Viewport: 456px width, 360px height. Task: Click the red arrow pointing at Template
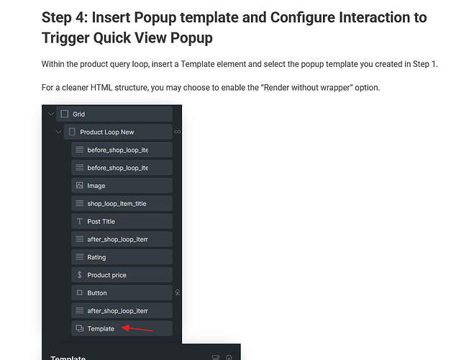pos(137,329)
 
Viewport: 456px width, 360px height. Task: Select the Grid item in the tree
pos(114,114)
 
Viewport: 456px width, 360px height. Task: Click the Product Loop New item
pos(118,132)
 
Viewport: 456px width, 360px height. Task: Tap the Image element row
pos(122,186)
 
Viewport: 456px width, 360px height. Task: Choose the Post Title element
pos(122,222)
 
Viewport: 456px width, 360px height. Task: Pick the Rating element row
pos(122,257)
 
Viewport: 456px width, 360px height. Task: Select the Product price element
pos(122,275)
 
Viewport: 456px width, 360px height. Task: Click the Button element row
pos(122,293)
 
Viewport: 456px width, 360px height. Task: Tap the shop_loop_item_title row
pos(122,204)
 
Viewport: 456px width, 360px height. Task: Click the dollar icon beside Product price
pos(79,275)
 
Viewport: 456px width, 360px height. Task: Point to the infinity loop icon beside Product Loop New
pos(178,132)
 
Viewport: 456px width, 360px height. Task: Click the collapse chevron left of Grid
pos(51,114)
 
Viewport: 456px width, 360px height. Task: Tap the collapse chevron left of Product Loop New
pos(58,132)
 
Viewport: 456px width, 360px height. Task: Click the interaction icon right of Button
pos(178,293)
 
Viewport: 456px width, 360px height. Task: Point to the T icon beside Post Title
pos(79,222)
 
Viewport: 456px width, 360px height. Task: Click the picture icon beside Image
pos(79,185)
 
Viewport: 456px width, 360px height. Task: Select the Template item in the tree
pos(122,328)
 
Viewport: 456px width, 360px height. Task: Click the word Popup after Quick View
pos(191,38)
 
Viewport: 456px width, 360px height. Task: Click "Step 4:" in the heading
pos(65,17)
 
